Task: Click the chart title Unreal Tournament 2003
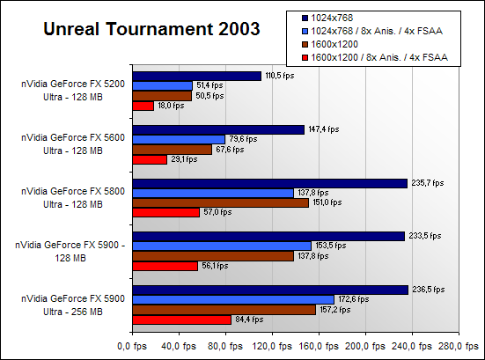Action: point(151,29)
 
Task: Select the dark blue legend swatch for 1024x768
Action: point(305,18)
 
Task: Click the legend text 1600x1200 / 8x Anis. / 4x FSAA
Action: point(379,57)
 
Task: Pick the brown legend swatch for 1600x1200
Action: point(305,44)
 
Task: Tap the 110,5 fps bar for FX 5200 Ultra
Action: point(197,76)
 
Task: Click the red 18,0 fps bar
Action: point(143,107)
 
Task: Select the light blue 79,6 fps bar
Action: point(179,139)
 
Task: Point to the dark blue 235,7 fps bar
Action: point(270,183)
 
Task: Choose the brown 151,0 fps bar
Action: point(221,203)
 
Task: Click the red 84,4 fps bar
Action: point(182,320)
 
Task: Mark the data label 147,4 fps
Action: point(324,129)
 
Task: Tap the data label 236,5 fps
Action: point(429,290)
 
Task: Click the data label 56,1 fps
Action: point(215,266)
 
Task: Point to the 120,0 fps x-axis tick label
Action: point(272,346)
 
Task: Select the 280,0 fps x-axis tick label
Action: point(459,346)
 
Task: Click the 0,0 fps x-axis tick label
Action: point(132,346)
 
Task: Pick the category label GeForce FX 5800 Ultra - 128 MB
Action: point(73,198)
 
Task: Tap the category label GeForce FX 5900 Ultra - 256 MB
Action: point(73,305)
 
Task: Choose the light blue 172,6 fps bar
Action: point(233,299)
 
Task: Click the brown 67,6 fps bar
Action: point(173,150)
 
